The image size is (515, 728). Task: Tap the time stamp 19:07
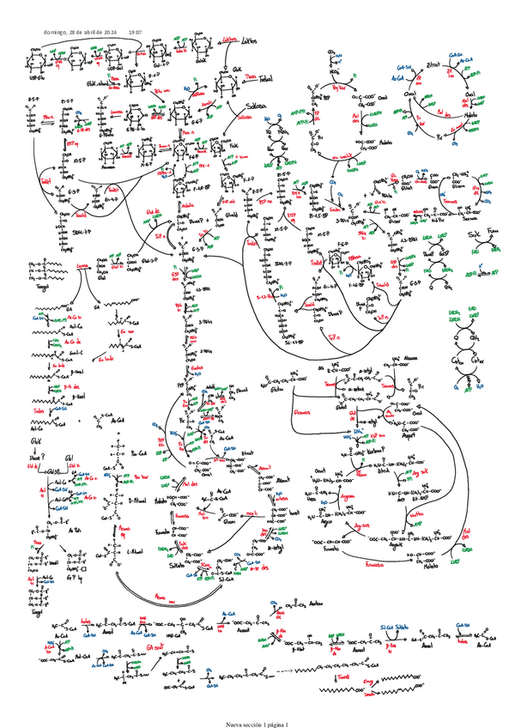pyautogui.click(x=135, y=32)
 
